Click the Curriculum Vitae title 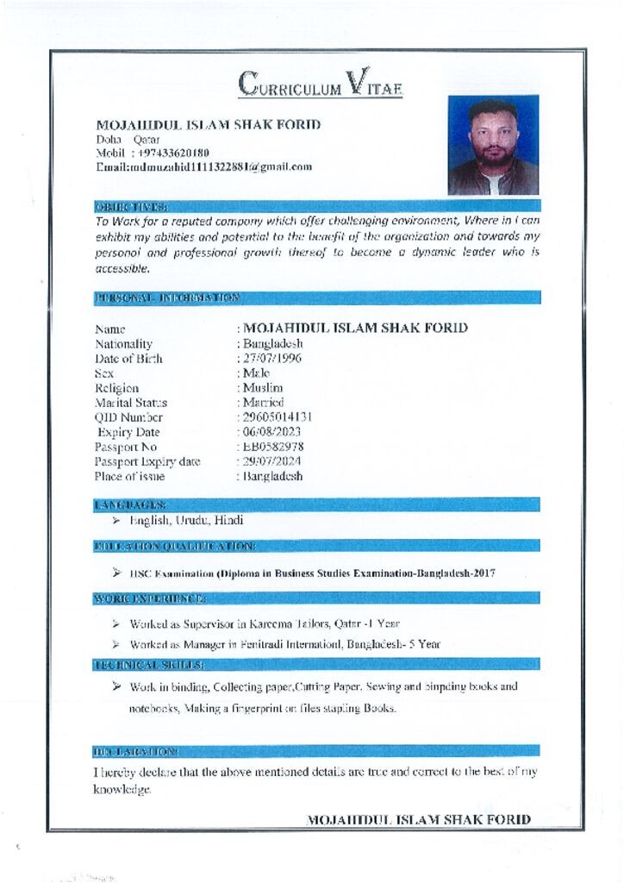click(321, 85)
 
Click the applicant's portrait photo click(493, 145)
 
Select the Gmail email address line click(203, 166)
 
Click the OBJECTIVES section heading click(131, 206)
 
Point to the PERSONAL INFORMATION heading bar click(167, 297)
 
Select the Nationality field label click(123, 344)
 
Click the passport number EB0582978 click(273, 447)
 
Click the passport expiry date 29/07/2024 click(272, 461)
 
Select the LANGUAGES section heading click(129, 504)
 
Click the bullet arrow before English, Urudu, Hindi click(115, 521)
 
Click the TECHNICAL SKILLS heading click(148, 665)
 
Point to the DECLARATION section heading click(135, 752)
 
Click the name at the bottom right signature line click(419, 819)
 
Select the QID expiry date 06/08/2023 click(272, 432)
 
